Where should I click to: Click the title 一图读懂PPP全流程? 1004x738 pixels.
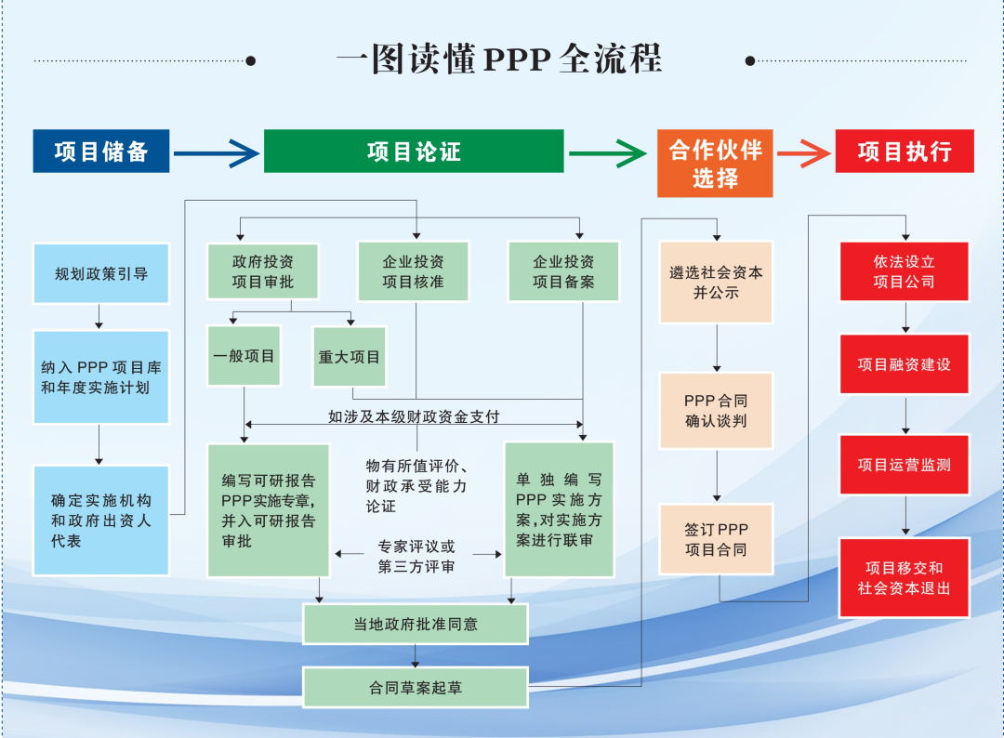pos(499,59)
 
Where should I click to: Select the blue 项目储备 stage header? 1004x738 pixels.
pos(101,151)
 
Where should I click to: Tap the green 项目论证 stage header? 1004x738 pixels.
pos(414,151)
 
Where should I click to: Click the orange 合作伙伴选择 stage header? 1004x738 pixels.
pos(714,163)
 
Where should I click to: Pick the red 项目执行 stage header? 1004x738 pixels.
pos(904,151)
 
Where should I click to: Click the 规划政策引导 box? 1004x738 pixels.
pos(101,273)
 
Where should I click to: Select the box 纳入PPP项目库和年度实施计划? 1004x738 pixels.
pos(101,376)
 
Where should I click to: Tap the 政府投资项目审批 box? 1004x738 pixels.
pos(263,271)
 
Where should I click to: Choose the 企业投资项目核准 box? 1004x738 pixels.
pos(413,271)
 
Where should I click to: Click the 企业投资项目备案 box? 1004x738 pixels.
pos(563,271)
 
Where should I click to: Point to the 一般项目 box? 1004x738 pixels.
pos(244,356)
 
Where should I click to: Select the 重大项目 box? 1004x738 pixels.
pos(350,356)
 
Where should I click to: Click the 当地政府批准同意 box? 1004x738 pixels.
pos(416,624)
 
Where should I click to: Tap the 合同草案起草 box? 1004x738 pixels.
pos(416,688)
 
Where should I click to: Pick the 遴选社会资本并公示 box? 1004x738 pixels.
pos(716,283)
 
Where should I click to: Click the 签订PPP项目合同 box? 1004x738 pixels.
pos(716,539)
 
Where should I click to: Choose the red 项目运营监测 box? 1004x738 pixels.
pos(904,464)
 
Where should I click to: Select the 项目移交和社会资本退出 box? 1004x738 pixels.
pos(904,577)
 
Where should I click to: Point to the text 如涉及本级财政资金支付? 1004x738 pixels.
pos(414,416)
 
